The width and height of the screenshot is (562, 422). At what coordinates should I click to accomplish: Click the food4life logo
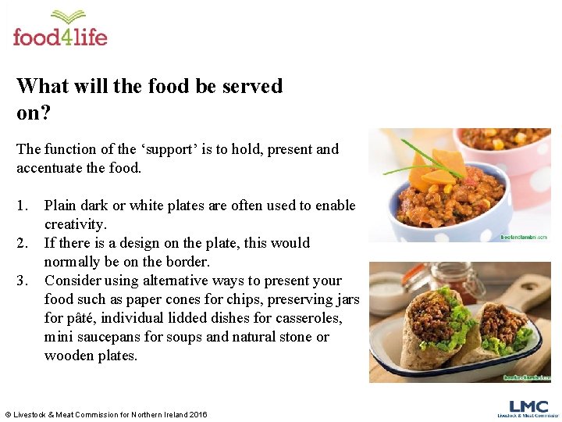tap(60, 29)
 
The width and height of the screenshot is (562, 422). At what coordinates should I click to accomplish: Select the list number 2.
tap(23, 243)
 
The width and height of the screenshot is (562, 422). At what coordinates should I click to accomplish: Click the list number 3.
tap(23, 281)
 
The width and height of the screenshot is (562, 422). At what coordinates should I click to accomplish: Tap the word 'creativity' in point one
tap(74, 224)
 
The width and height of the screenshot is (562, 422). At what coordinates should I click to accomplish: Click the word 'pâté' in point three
tap(83, 318)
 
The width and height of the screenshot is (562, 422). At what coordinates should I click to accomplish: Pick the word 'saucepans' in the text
tap(107, 337)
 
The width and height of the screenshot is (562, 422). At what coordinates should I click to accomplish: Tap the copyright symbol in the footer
tap(8, 414)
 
